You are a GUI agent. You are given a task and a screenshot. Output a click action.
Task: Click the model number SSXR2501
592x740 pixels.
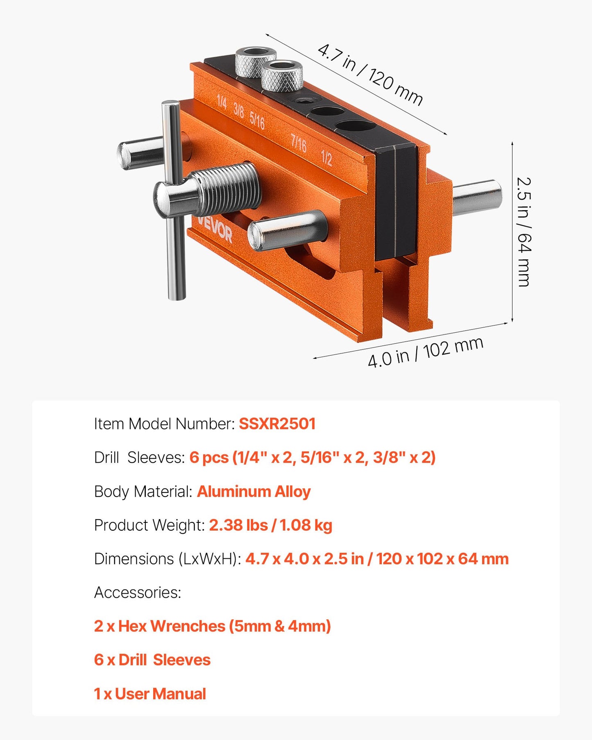[x=277, y=424]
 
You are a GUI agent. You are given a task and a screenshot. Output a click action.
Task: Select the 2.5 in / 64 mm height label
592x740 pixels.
[x=524, y=232]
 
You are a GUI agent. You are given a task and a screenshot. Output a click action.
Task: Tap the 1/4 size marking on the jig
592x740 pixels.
[x=222, y=102]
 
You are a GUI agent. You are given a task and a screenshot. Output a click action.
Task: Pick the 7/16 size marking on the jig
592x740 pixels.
[x=299, y=143]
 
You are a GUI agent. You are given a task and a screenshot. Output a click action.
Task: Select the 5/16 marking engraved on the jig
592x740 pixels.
[x=257, y=120]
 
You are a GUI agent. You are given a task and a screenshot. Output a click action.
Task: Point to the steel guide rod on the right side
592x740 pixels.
[x=477, y=198]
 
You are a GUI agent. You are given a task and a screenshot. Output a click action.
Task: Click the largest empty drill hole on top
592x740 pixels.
[x=356, y=126]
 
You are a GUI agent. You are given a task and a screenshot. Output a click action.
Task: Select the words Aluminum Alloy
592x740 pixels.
[x=254, y=491]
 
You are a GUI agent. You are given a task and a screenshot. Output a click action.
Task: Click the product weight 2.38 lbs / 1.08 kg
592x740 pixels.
[x=270, y=525]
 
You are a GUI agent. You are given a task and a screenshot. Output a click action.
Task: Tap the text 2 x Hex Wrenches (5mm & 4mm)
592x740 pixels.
[x=212, y=626]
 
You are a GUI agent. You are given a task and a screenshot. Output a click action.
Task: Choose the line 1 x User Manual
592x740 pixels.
[x=150, y=694]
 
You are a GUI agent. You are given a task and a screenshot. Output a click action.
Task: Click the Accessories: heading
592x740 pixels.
[x=138, y=592]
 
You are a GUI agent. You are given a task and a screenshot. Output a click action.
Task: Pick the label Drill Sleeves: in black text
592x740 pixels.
[x=139, y=457]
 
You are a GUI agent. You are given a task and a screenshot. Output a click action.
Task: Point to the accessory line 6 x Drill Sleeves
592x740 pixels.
[x=152, y=660]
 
